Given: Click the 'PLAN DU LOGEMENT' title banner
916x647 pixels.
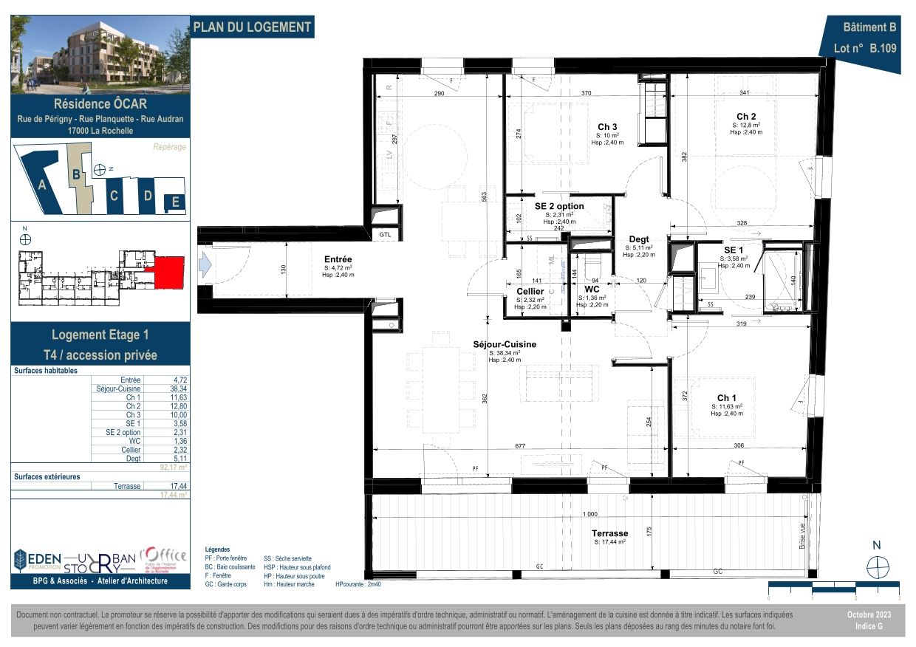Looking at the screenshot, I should pyautogui.click(x=252, y=27).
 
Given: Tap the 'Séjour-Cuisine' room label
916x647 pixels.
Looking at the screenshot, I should pyautogui.click(x=505, y=344).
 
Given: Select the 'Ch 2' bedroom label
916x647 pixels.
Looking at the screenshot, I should pyautogui.click(x=745, y=116).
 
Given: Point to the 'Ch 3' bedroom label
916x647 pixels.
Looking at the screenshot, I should pyautogui.click(x=607, y=126).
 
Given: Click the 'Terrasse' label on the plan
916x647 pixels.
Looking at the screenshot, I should pyautogui.click(x=609, y=533).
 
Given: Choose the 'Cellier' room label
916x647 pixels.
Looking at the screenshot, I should pyautogui.click(x=530, y=292).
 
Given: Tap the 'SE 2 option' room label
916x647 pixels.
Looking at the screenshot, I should pyautogui.click(x=559, y=206).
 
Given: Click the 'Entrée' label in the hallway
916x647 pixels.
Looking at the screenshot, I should pyautogui.click(x=338, y=259).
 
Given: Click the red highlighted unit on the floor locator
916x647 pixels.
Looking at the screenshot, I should pyautogui.click(x=168, y=270).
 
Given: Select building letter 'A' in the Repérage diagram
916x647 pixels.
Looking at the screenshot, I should pyautogui.click(x=42, y=186).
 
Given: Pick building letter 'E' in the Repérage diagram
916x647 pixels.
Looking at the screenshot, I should pyautogui.click(x=175, y=202).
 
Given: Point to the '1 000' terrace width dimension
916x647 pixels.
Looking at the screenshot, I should pyautogui.click(x=589, y=514).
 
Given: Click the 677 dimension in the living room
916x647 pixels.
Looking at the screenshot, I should pyautogui.click(x=520, y=445).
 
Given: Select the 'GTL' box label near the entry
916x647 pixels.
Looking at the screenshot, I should pyautogui.click(x=385, y=234).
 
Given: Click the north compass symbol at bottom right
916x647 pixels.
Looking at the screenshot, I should pyautogui.click(x=877, y=567).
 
